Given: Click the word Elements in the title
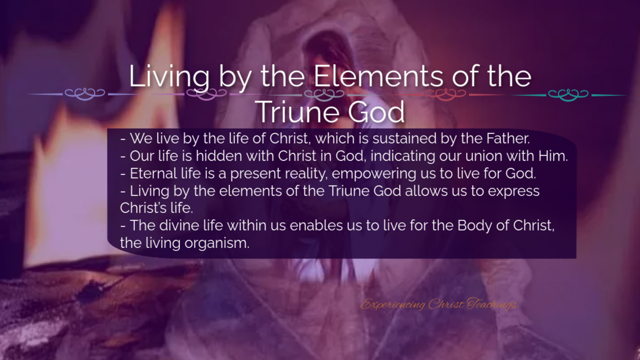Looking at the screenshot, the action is click(378, 76).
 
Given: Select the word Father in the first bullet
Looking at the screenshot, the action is click(508, 138).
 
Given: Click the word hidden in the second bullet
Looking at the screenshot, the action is click(219, 156).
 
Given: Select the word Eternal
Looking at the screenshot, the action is click(153, 173).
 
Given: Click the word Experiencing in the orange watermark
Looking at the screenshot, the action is click(392, 304).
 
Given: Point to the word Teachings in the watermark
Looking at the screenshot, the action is click(491, 304).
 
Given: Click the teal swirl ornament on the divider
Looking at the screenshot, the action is click(568, 95).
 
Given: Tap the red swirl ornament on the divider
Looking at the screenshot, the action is click(445, 94).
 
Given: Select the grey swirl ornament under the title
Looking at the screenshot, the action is click(324, 94).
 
